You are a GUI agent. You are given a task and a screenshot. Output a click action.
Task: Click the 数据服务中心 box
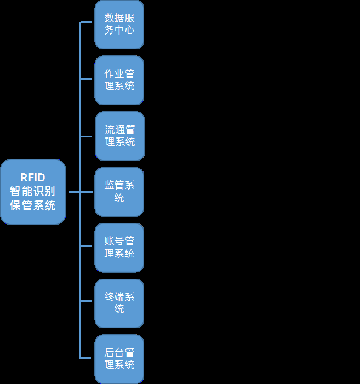[119, 24]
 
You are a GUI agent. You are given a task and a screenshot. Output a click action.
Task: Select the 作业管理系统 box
[119, 80]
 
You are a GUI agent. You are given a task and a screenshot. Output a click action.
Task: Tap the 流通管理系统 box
[119, 136]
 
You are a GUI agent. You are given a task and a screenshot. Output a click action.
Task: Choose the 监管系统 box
[119, 192]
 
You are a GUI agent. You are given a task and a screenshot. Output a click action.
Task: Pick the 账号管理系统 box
[119, 248]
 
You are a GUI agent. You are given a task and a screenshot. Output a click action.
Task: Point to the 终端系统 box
[119, 303]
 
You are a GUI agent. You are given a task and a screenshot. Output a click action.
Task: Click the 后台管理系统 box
[119, 359]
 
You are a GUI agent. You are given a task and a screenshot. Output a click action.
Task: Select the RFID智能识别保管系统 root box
[33, 192]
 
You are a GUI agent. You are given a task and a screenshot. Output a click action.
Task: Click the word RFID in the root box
[33, 177]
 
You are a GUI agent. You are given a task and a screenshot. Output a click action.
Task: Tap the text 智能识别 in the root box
[33, 192]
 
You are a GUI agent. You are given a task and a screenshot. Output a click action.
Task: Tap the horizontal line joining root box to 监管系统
[80, 192]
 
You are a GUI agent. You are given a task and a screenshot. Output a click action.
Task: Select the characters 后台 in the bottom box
[112, 353]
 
